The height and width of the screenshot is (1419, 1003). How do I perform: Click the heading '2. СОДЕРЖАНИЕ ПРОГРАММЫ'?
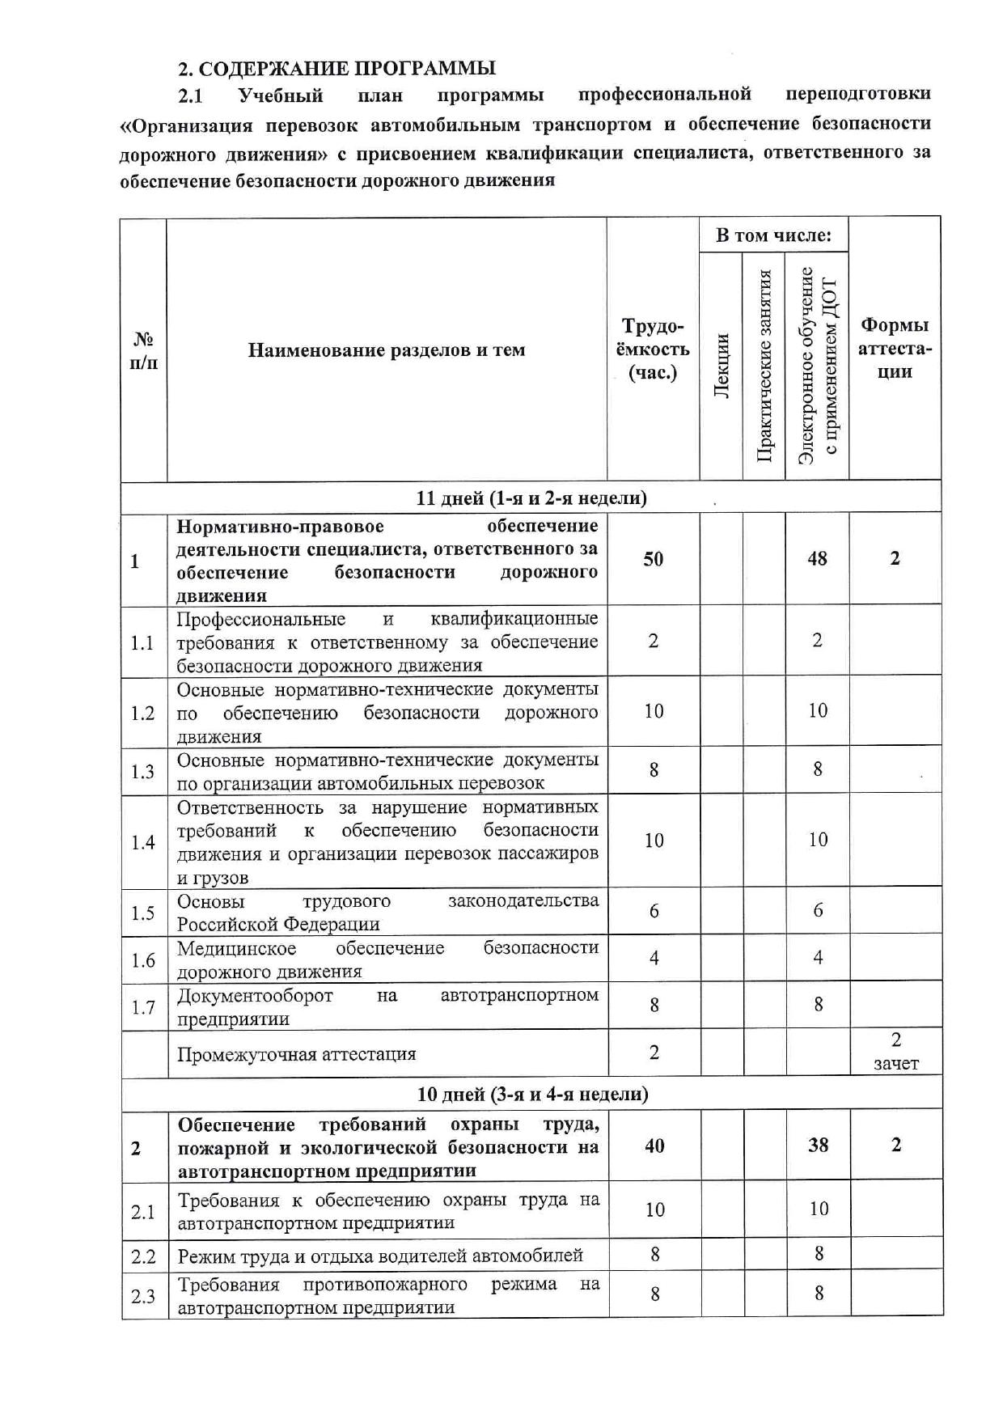(336, 68)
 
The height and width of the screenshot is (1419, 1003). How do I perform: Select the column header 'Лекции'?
(722, 365)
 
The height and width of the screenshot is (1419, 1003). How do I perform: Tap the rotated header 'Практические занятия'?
(764, 365)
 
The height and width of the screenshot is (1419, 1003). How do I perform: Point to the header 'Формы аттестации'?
(895, 349)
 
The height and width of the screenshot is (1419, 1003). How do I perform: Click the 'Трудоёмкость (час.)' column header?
(654, 349)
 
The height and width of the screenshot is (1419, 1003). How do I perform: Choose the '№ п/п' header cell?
(144, 349)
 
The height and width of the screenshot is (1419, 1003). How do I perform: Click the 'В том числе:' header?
(773, 235)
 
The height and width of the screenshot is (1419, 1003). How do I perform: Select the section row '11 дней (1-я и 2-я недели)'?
(531, 498)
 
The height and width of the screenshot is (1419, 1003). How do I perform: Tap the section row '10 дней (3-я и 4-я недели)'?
(532, 1094)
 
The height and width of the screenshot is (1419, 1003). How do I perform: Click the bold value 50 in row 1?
(654, 558)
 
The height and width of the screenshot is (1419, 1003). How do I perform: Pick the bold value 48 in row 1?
(817, 558)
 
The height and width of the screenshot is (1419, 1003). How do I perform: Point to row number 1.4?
(143, 842)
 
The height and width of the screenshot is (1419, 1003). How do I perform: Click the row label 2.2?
(143, 1256)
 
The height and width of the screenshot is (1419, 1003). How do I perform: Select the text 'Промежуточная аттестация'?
(297, 1054)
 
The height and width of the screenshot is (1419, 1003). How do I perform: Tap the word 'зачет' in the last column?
(896, 1064)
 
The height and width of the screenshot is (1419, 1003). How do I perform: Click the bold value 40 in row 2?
(654, 1145)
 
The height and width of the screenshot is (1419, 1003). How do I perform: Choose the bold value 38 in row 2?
(818, 1145)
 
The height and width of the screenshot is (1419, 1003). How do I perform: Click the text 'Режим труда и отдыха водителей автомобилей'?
(380, 1256)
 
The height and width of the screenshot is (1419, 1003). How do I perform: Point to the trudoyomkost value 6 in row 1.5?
(654, 912)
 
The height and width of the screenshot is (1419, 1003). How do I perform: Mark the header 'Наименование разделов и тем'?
(387, 350)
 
